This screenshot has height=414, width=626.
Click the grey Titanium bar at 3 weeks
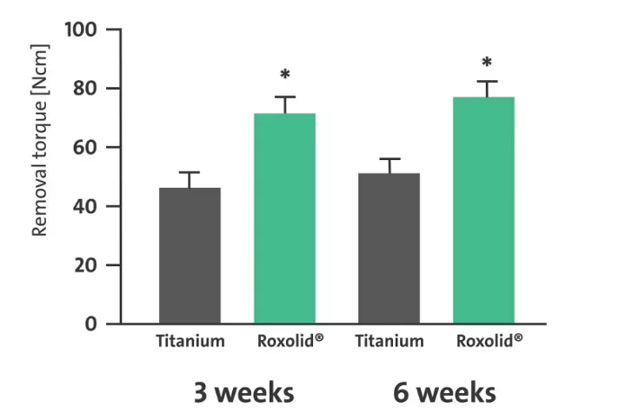(190, 256)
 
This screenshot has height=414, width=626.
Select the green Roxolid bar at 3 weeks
(284, 218)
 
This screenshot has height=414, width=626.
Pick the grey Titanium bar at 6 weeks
(389, 248)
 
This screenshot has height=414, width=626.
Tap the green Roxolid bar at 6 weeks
(484, 210)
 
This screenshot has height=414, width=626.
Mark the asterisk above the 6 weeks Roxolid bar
(486, 63)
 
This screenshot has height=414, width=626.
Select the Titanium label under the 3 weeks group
(190, 341)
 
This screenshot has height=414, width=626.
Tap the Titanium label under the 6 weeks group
(389, 341)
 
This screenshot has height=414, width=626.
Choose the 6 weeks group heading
(444, 391)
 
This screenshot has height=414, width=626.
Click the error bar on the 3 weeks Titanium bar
(190, 179)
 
